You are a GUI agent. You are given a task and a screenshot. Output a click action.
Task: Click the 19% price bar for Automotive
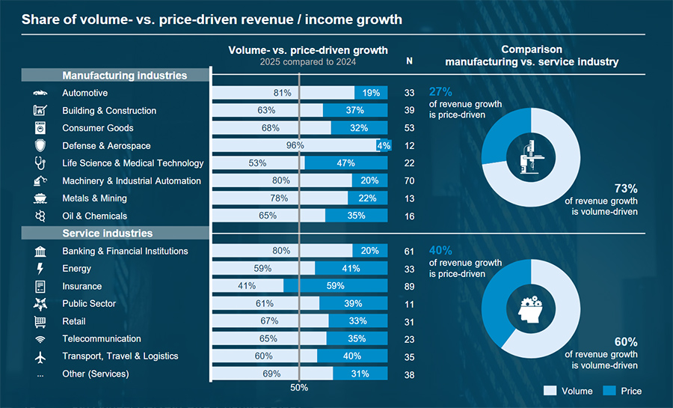click(x=371, y=93)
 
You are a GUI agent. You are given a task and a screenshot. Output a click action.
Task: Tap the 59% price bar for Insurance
click(x=336, y=286)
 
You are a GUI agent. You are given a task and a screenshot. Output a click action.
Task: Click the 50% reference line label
click(x=299, y=388)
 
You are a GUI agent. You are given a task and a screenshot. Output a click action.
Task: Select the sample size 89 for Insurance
click(x=409, y=286)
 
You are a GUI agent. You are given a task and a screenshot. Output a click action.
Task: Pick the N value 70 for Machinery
click(x=409, y=181)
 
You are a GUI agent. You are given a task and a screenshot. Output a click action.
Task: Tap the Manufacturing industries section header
click(x=115, y=76)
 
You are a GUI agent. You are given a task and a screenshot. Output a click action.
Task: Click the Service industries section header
click(x=115, y=234)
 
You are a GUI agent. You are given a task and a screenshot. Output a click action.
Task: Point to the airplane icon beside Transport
click(x=40, y=356)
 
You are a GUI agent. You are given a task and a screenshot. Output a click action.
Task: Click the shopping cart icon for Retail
click(x=40, y=321)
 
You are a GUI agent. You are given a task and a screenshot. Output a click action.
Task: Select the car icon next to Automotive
click(x=40, y=93)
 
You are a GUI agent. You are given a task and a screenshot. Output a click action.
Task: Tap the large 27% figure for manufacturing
click(x=440, y=92)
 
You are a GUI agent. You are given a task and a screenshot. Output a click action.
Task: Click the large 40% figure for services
click(x=440, y=251)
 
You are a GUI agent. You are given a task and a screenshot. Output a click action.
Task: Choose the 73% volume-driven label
click(x=626, y=189)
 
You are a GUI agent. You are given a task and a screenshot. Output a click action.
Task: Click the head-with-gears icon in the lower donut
click(x=531, y=307)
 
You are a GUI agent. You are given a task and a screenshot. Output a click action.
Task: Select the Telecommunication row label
click(x=102, y=339)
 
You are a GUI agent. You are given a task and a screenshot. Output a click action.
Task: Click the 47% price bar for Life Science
click(x=346, y=163)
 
